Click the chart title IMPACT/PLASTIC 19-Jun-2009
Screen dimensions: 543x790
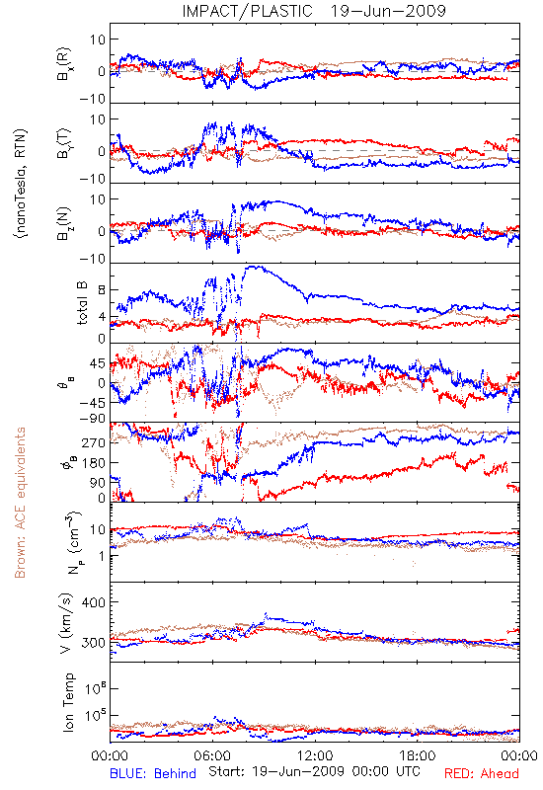coord(314,11)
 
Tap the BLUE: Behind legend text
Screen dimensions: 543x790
coord(153,773)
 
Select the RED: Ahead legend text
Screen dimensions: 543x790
coord(482,773)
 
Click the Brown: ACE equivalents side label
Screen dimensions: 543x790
coord(20,503)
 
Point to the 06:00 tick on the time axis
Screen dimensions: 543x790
coord(212,756)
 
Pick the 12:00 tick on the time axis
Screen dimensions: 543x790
coord(315,756)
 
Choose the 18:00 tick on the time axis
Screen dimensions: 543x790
coord(418,756)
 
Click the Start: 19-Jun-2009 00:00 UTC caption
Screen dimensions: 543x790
coord(314,771)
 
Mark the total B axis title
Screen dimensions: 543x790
coord(82,303)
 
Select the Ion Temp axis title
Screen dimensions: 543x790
coord(69,702)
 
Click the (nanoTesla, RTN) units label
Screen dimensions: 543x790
coord(21,183)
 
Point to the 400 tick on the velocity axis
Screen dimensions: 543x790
coord(93,602)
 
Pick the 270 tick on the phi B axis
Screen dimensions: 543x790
coord(94,442)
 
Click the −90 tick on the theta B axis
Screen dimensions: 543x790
coord(92,419)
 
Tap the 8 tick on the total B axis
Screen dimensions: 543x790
coord(102,290)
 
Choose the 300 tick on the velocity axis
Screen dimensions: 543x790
coord(93,643)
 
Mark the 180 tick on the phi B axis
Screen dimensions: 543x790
coord(94,463)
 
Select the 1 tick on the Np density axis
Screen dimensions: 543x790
coord(103,556)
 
